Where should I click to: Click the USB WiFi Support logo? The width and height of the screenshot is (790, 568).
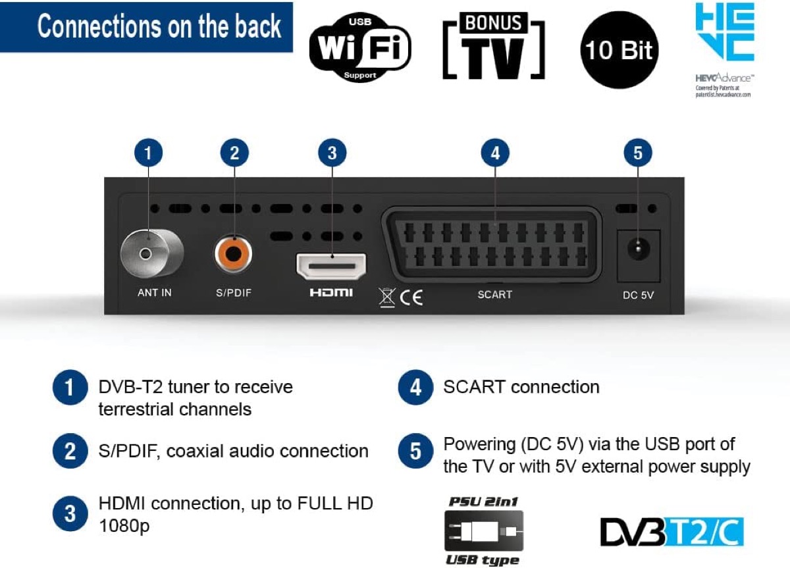click(x=360, y=47)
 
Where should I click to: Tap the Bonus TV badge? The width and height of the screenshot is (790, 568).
click(x=494, y=47)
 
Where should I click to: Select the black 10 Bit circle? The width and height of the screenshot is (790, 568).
click(x=619, y=49)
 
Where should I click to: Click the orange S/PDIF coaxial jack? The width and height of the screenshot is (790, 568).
click(x=234, y=254)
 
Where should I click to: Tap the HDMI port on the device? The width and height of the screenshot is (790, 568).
click(x=331, y=266)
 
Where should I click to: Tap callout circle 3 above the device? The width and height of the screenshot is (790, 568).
click(x=332, y=153)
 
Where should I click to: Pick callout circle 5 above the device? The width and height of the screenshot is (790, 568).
click(x=637, y=153)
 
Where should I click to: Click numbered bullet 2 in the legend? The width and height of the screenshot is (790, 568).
click(x=70, y=452)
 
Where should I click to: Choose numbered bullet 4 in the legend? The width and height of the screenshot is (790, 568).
click(x=415, y=387)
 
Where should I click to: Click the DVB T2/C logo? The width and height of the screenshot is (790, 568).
click(x=671, y=532)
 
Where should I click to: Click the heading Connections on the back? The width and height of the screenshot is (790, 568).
click(x=158, y=27)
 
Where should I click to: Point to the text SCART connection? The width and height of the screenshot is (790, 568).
click(x=521, y=387)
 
